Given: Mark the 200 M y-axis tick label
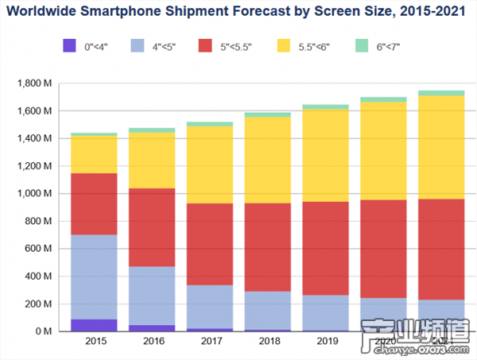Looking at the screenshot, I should coord(39,304).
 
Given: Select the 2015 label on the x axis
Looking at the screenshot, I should coord(94,342).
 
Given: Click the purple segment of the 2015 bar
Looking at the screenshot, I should coord(94,325).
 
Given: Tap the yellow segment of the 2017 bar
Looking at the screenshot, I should coord(209,165).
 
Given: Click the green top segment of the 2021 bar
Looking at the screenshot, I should coord(440,93).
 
